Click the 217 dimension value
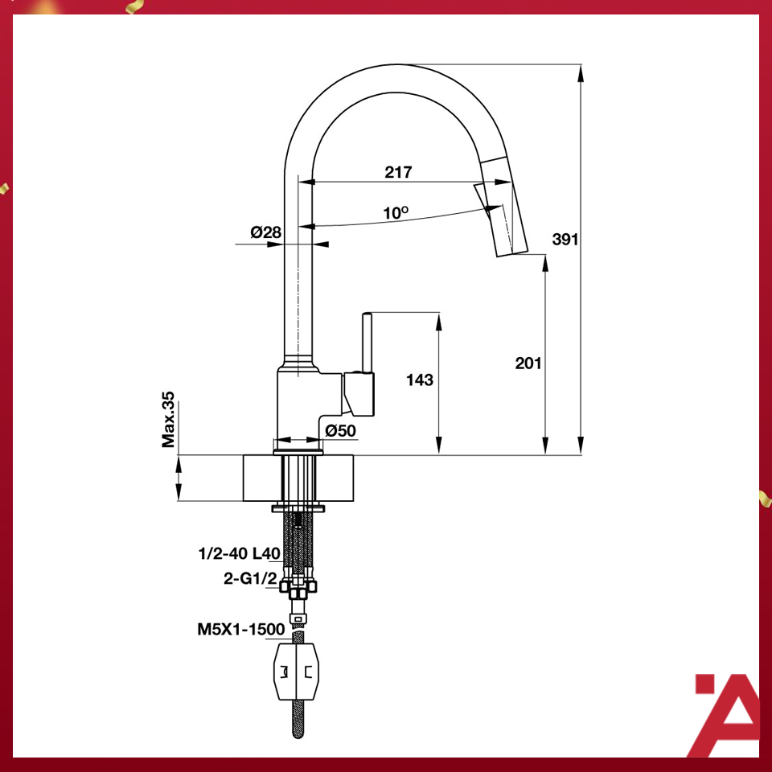(x=398, y=172)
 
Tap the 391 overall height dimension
(x=565, y=239)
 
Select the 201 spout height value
(x=528, y=363)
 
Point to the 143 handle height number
(x=420, y=380)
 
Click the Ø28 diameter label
(x=265, y=232)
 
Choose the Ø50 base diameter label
(x=340, y=431)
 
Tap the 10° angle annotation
(x=396, y=213)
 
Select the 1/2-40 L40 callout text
(x=238, y=553)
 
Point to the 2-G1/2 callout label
(x=251, y=577)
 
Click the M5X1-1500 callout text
(x=240, y=630)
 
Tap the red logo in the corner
(x=725, y=716)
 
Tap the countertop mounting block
(x=298, y=478)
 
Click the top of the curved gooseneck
(x=386, y=71)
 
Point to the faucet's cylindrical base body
(x=299, y=406)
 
